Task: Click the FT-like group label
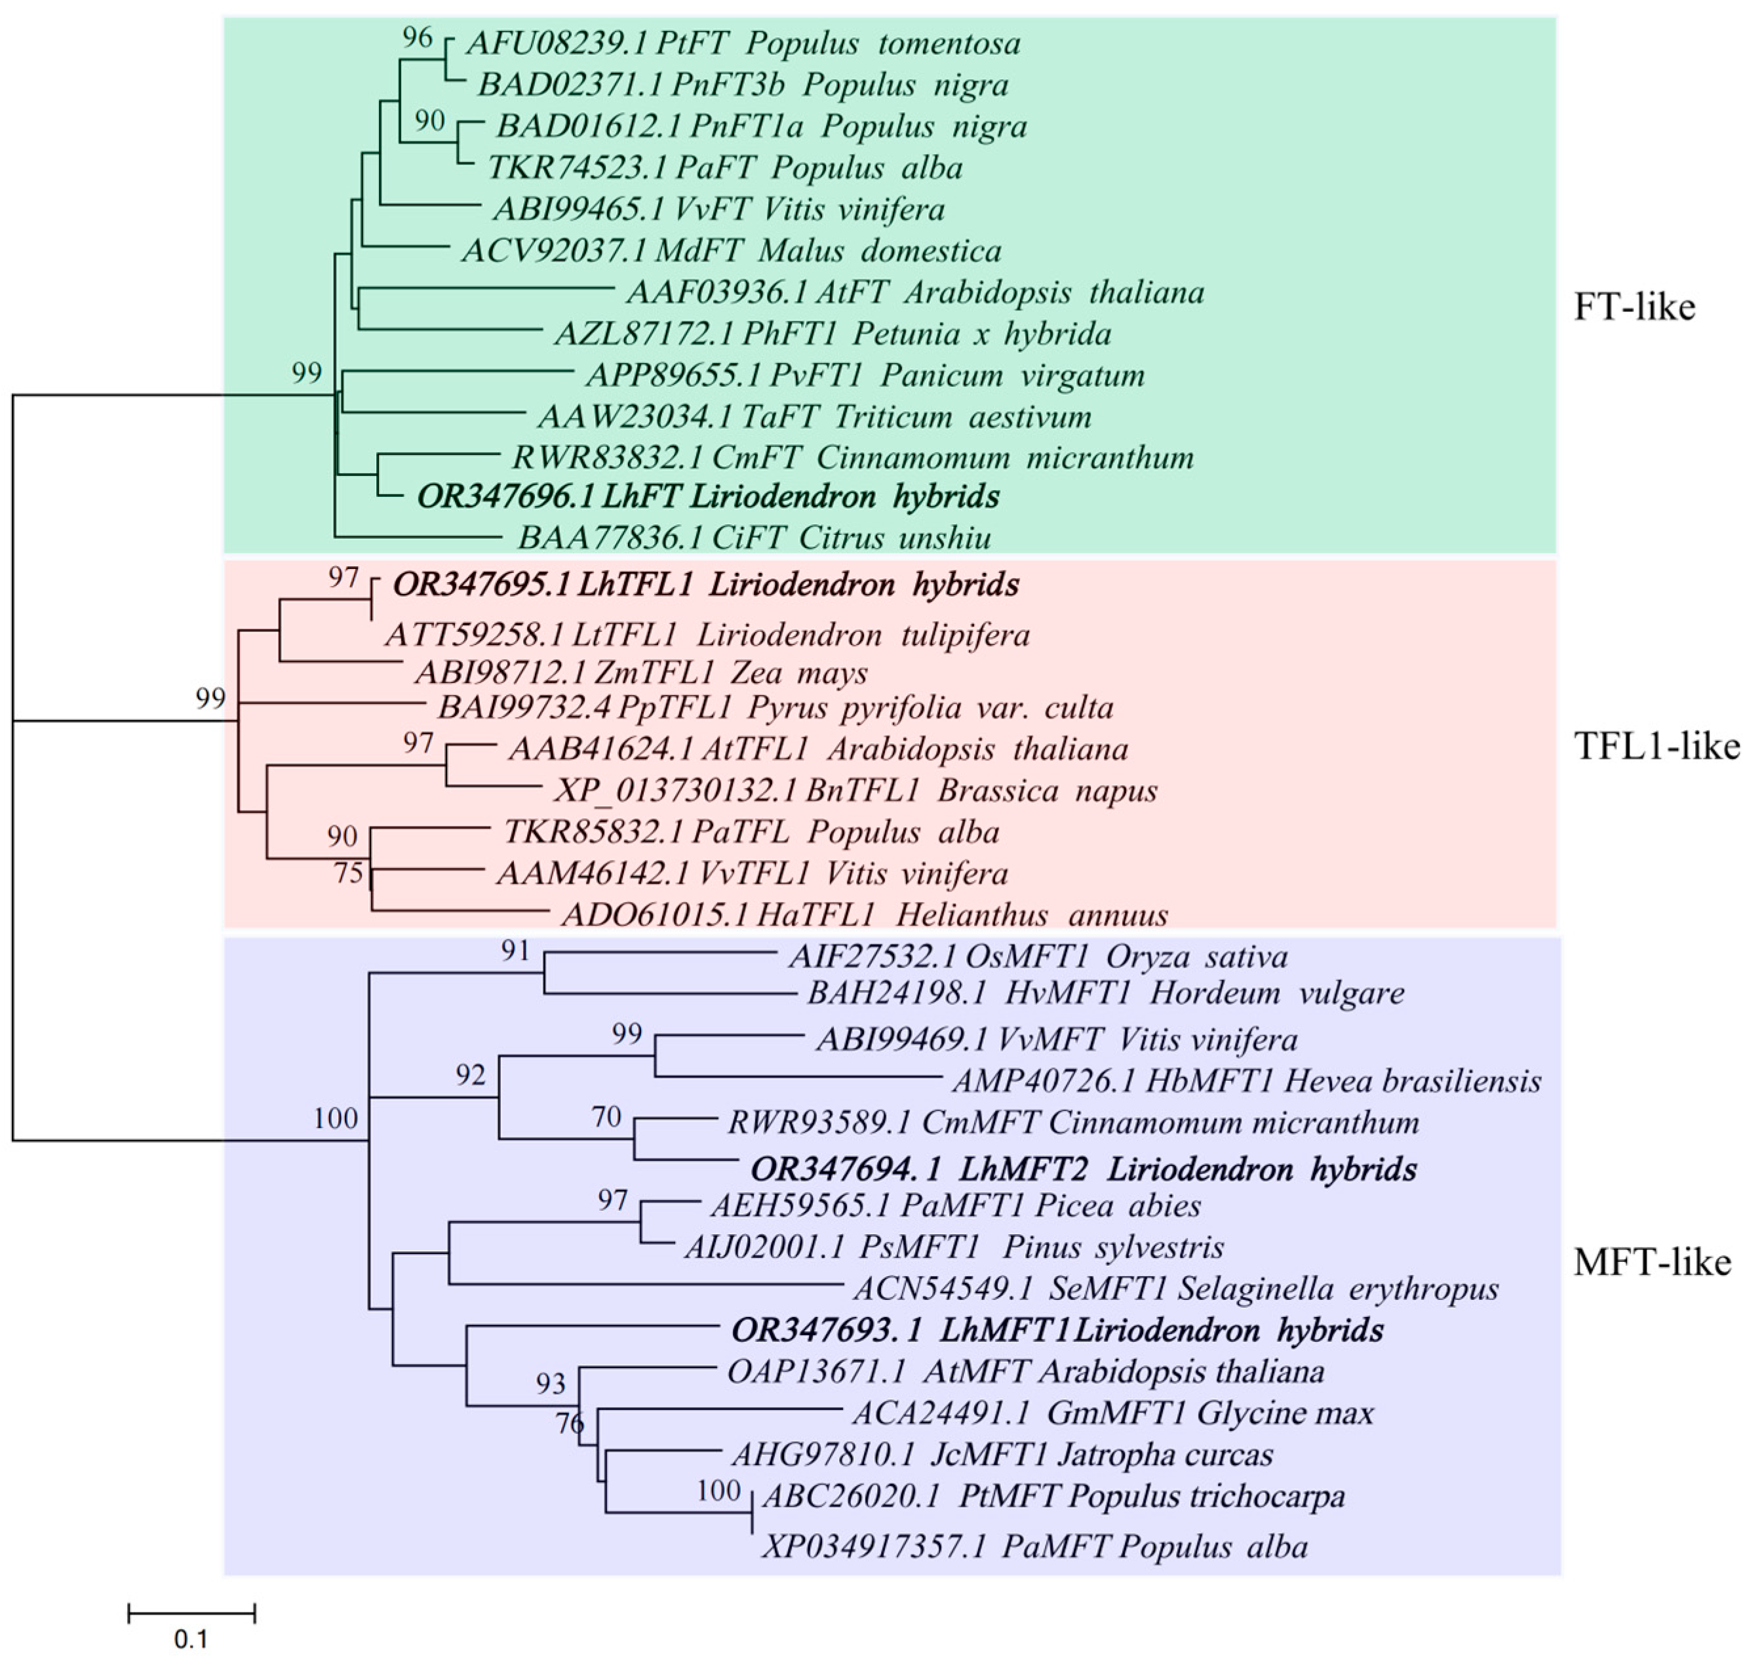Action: coord(1634,307)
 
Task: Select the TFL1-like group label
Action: coord(1656,747)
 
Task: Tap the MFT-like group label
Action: coord(1651,1261)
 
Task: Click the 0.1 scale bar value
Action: coord(191,1638)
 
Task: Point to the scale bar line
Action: coord(191,1613)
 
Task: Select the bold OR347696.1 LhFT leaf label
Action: coord(707,496)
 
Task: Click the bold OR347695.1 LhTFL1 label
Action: coord(705,585)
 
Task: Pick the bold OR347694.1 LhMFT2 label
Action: coord(1082,1169)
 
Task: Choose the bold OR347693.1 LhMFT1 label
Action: coord(1056,1330)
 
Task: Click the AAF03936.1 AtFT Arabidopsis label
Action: coord(914,292)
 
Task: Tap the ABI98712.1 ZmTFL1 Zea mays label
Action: coord(640,673)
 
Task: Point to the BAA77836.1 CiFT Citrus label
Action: coord(755,538)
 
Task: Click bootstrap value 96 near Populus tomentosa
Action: coord(417,37)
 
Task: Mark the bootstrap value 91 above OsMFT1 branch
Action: coord(515,950)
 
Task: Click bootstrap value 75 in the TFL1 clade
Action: coord(348,873)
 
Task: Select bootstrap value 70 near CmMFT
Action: coord(606,1116)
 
